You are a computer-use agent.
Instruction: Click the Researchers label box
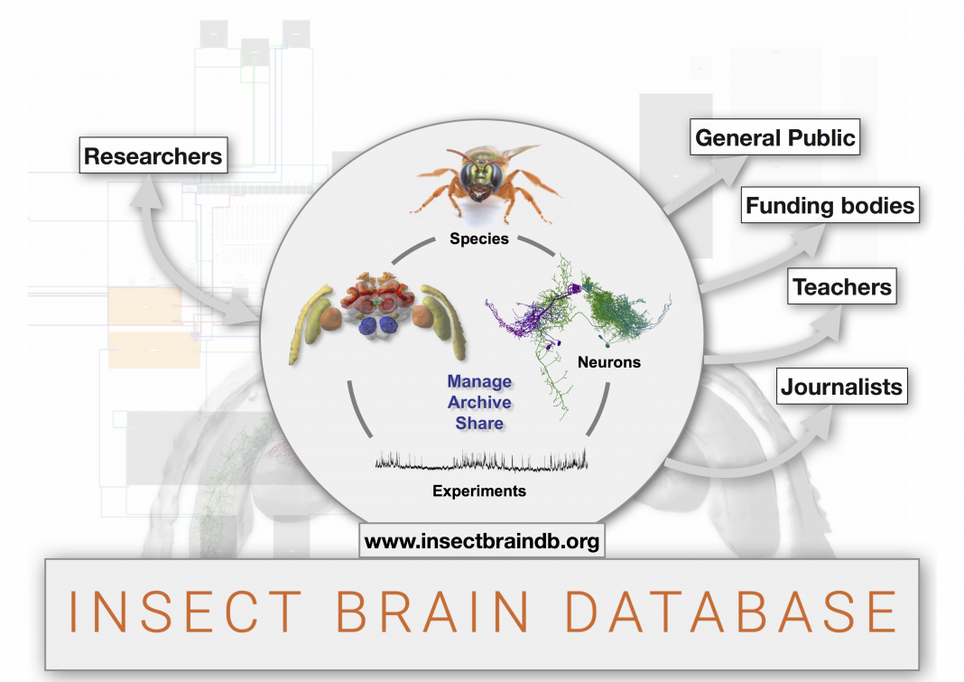click(153, 155)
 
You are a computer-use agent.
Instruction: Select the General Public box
click(774, 136)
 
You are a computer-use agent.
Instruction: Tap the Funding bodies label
click(830, 205)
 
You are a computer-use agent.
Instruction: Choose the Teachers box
click(841, 286)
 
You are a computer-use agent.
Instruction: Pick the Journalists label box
click(841, 387)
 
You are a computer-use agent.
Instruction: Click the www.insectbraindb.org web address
click(482, 540)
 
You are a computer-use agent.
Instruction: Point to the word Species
click(479, 238)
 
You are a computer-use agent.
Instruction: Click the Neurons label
click(608, 362)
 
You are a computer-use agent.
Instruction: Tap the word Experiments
click(479, 490)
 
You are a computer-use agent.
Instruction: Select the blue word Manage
click(479, 381)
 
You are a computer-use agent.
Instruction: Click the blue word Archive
click(479, 403)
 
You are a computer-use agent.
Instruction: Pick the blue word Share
click(479, 424)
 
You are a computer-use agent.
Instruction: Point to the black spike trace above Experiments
click(481, 461)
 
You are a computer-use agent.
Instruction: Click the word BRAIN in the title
click(432, 612)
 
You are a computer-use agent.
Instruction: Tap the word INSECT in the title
click(184, 612)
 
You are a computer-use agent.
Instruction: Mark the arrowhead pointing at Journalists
click(818, 422)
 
